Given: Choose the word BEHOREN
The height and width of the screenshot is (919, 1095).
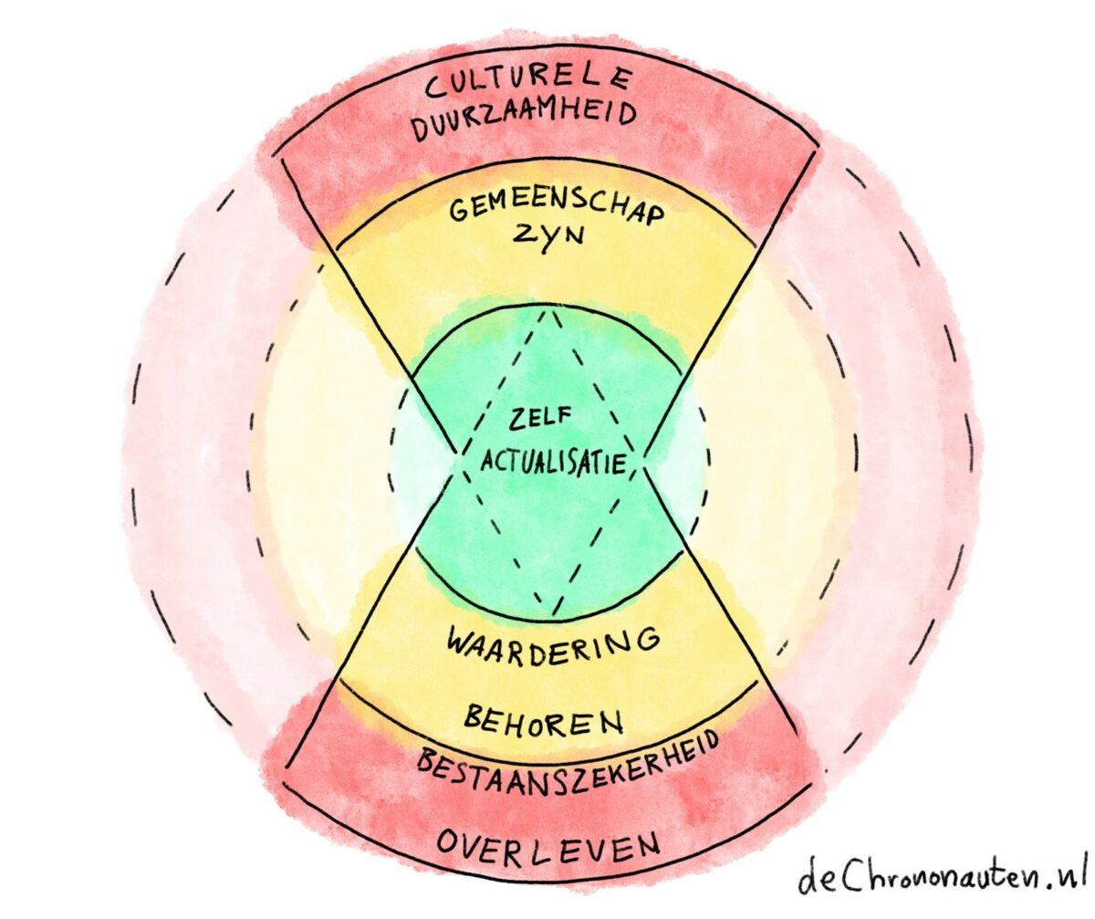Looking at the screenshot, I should [544, 721].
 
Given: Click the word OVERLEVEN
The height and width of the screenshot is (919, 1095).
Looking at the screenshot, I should [547, 844].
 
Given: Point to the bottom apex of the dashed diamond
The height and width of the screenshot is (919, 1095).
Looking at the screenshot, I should [549, 613].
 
